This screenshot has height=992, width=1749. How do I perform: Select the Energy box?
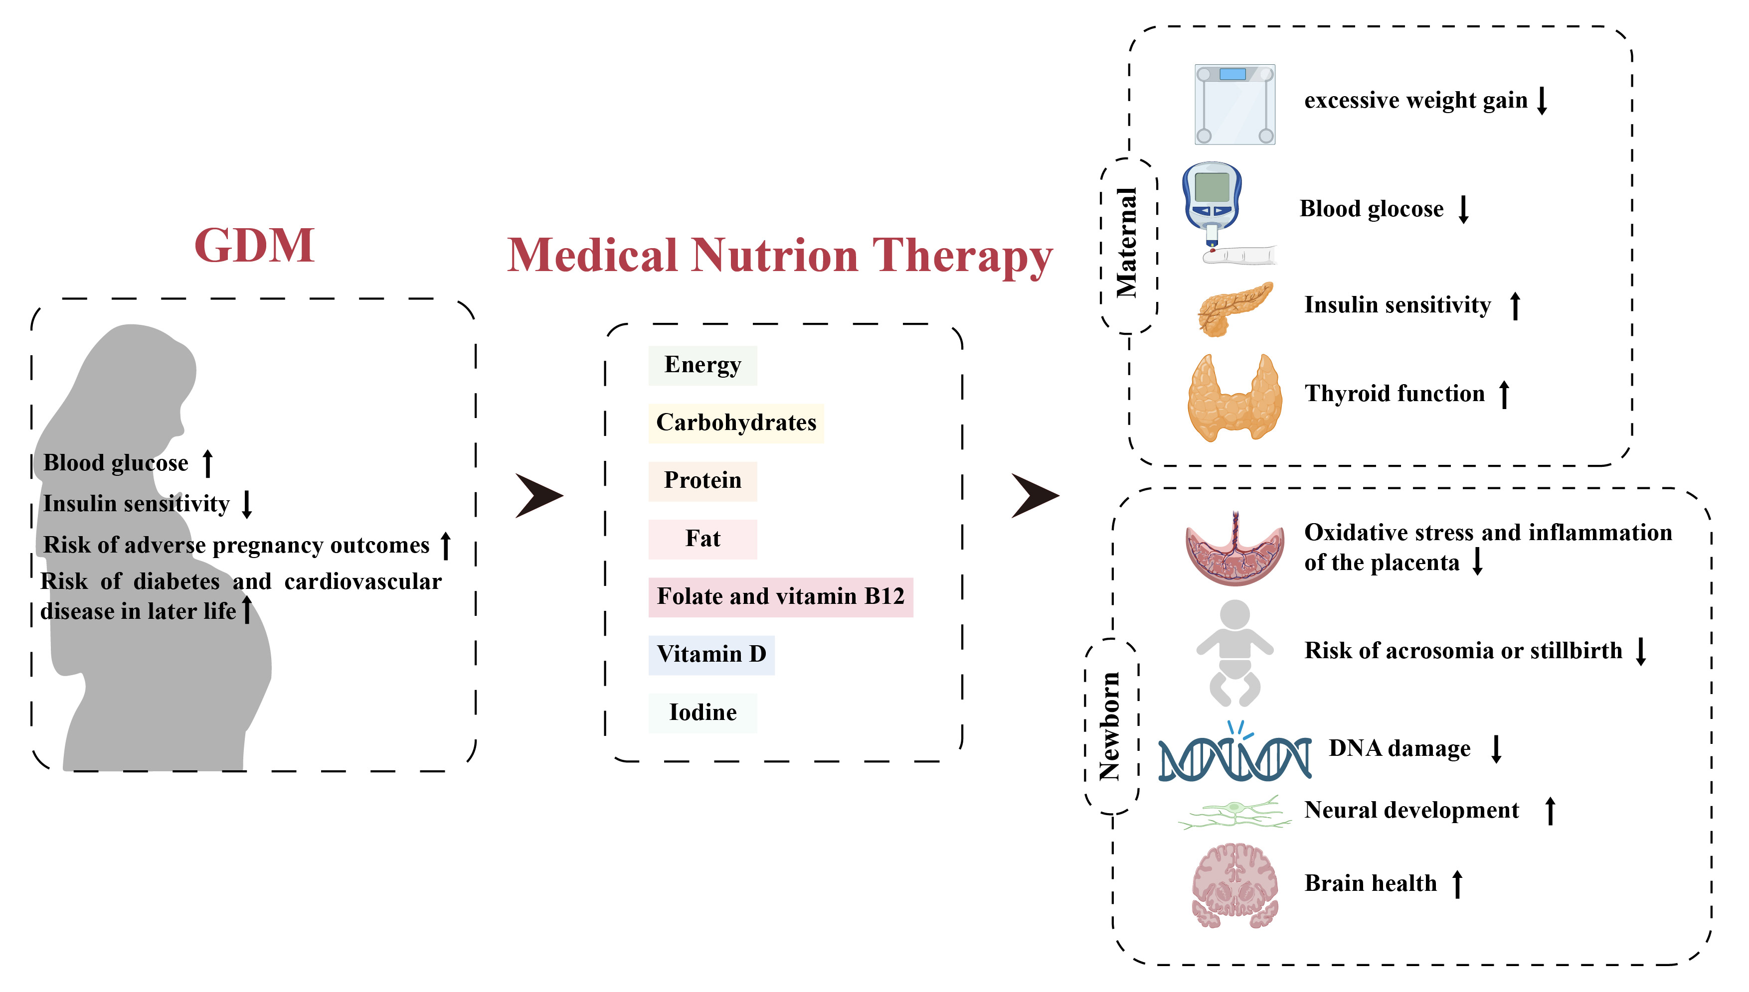(x=702, y=365)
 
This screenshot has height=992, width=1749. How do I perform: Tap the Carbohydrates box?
(x=735, y=423)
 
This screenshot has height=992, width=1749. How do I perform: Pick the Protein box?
(x=702, y=481)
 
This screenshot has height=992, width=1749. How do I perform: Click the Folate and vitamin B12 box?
(x=780, y=597)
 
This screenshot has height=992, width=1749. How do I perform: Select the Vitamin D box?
(x=711, y=655)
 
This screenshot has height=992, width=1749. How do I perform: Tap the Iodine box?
(x=702, y=712)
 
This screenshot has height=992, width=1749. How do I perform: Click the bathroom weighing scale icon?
(x=1234, y=104)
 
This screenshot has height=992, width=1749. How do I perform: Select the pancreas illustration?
(x=1233, y=308)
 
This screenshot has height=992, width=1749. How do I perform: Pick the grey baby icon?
(x=1234, y=653)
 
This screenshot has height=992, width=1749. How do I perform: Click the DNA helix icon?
(x=1234, y=756)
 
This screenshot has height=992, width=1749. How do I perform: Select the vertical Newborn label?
(x=1110, y=726)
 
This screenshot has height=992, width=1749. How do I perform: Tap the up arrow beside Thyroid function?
(x=1504, y=394)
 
